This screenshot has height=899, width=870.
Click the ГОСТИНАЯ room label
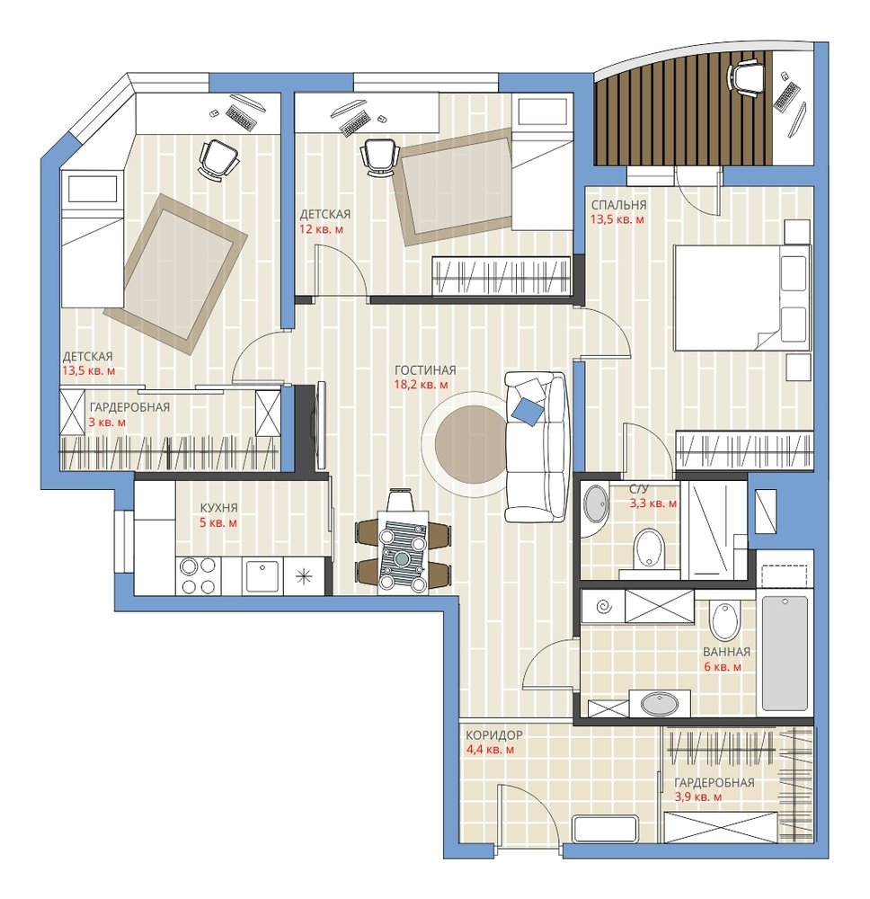tap(425, 370)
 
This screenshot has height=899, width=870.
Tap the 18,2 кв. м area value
tap(421, 385)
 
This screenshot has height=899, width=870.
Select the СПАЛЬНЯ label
tap(619, 205)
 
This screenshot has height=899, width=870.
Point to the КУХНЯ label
tap(219, 508)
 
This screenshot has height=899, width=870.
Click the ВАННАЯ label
tap(727, 652)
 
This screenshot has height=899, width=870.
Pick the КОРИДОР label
tap(494, 735)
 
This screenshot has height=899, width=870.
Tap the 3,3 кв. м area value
tap(652, 503)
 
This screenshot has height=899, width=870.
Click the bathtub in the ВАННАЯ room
tap(785, 654)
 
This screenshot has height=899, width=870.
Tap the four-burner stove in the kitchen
tap(197, 576)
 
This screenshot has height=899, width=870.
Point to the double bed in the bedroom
tap(742, 298)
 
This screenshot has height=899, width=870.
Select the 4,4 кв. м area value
tap(490, 750)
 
